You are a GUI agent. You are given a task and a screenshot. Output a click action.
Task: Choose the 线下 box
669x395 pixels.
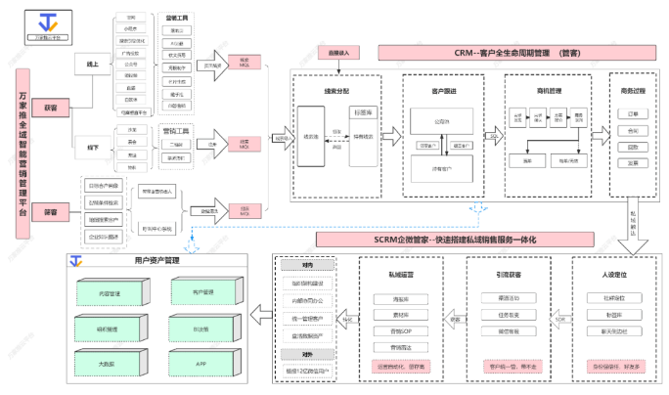point(95,147)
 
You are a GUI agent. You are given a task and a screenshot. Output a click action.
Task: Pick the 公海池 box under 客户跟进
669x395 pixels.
point(441,123)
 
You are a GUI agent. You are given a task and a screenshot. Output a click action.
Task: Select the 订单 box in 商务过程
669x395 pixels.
point(633,113)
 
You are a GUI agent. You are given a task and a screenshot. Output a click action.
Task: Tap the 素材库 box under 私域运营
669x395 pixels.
point(399,315)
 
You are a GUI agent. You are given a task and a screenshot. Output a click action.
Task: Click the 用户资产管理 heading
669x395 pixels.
point(157,261)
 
